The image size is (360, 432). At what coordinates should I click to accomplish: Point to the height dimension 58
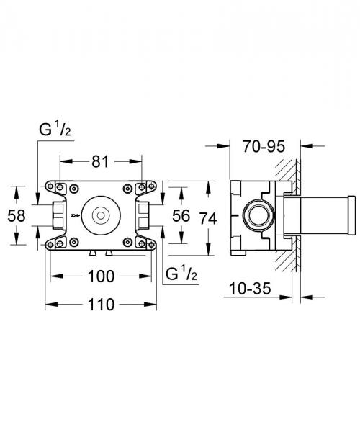(x=22, y=215)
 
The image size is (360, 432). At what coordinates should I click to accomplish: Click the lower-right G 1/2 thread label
(x=180, y=274)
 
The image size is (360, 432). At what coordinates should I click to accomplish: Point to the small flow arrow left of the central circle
(x=76, y=215)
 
